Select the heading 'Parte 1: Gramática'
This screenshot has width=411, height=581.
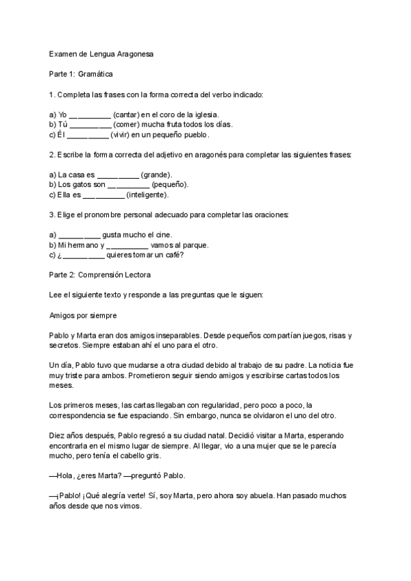coord(81,73)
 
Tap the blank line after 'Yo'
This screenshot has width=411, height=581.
coord(90,115)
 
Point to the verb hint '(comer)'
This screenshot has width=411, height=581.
coord(128,125)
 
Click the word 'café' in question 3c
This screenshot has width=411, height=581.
coord(175,256)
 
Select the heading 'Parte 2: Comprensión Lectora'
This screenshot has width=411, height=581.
coord(100,275)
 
